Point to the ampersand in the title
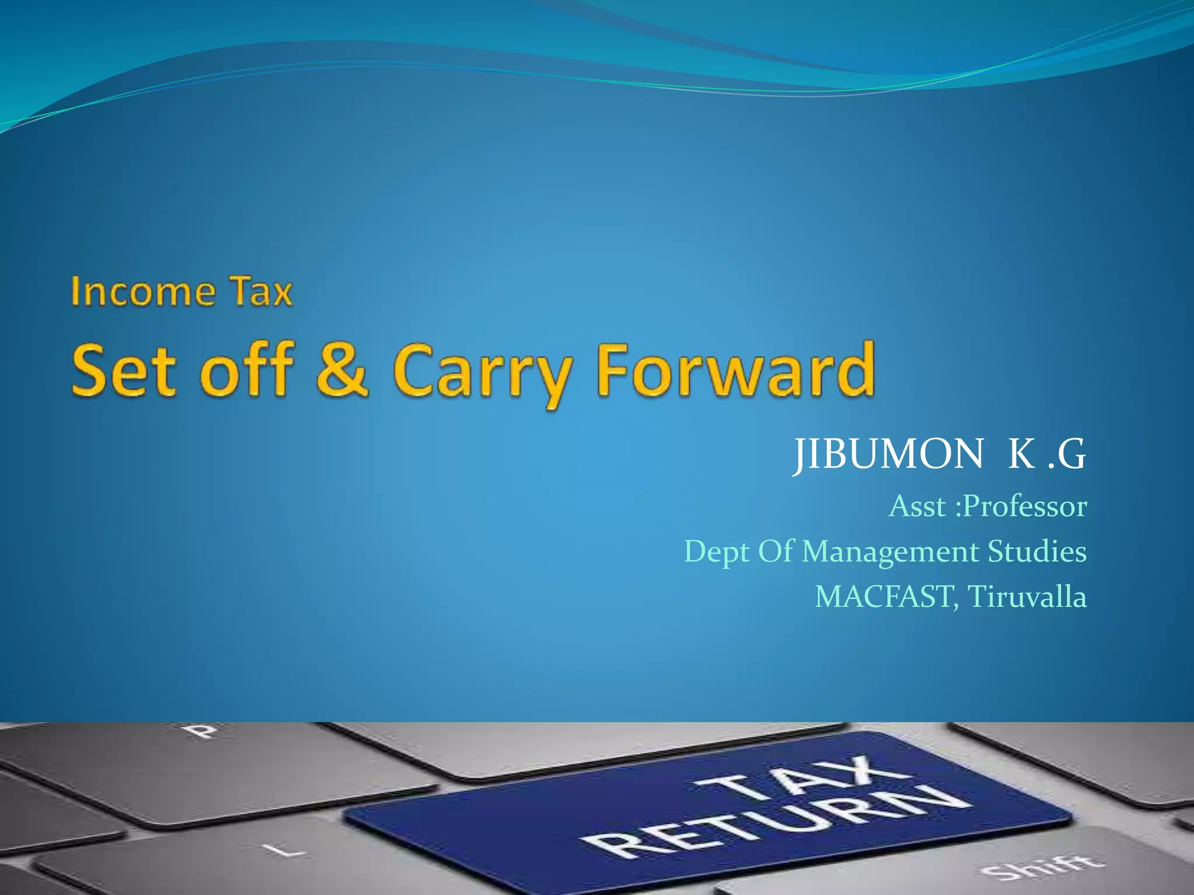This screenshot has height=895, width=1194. pyautogui.click(x=342, y=369)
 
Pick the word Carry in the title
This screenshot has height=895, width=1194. pyautogui.click(x=483, y=373)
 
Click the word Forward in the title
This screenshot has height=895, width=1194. pyautogui.click(x=736, y=369)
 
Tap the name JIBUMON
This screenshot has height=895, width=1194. pyautogui.click(x=889, y=454)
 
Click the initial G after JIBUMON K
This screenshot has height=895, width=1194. pyautogui.click(x=1072, y=454)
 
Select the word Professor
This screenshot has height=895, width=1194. pyautogui.click(x=1026, y=506)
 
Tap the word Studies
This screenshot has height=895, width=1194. pyautogui.click(x=1037, y=551)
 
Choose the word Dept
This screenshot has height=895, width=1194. pyautogui.click(x=717, y=552)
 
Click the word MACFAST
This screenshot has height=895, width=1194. pyautogui.click(x=884, y=597)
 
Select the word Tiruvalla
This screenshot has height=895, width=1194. pyautogui.click(x=1027, y=597)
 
